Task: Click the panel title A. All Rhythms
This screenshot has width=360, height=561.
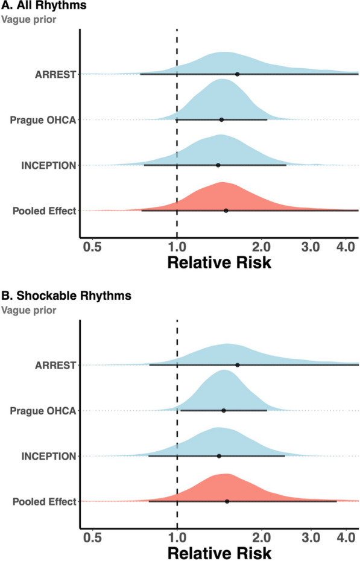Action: pos(43,5)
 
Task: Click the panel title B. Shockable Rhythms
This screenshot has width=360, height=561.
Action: pos(66,296)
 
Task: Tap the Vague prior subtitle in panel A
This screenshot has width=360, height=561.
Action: pos(28,19)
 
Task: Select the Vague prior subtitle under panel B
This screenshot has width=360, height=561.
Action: pos(28,310)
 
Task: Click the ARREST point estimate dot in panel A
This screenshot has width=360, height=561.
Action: pos(237,74)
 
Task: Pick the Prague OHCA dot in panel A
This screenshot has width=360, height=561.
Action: pos(221,119)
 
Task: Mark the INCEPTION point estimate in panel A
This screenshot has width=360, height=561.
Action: pos(218,165)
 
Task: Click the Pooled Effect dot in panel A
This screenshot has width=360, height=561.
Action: pos(226,211)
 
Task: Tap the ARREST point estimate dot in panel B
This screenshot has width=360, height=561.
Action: pos(238,365)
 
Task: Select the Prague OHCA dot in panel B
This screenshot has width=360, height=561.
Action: pos(224,410)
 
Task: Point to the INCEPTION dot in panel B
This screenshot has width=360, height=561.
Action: pos(219,456)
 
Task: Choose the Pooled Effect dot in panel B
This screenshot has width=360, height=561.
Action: pos(227,502)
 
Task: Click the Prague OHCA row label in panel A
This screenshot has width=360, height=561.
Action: pos(43,120)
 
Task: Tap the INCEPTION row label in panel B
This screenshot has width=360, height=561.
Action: pos(49,456)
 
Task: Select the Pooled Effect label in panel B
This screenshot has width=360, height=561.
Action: pos(45,502)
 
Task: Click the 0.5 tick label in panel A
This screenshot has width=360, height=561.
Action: pos(92,247)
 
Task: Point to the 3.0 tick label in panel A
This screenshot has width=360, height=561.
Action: pos(311,247)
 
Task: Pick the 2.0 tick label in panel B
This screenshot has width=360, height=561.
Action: pos(262,537)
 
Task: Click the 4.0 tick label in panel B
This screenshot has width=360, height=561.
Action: pos(346,537)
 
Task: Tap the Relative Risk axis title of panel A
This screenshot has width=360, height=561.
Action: pos(219,262)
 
